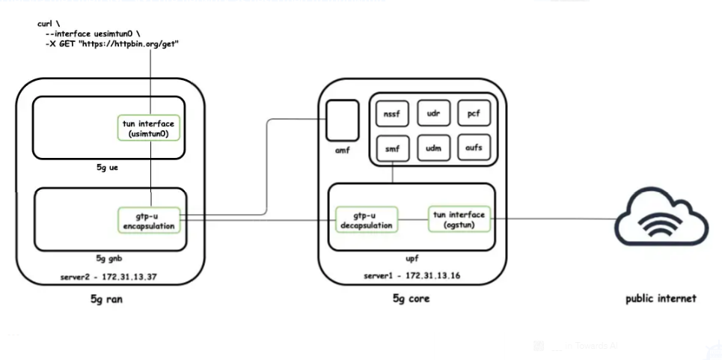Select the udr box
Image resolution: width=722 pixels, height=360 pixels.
(x=433, y=113)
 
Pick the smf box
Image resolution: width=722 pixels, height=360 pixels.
(x=392, y=148)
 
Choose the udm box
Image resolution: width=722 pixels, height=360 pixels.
(x=433, y=148)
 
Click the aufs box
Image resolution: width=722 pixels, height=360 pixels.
(x=473, y=148)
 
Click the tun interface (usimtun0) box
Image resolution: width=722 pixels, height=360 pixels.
(x=150, y=127)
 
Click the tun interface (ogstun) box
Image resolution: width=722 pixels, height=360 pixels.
(x=459, y=219)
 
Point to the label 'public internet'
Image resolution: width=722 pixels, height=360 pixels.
(x=661, y=299)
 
